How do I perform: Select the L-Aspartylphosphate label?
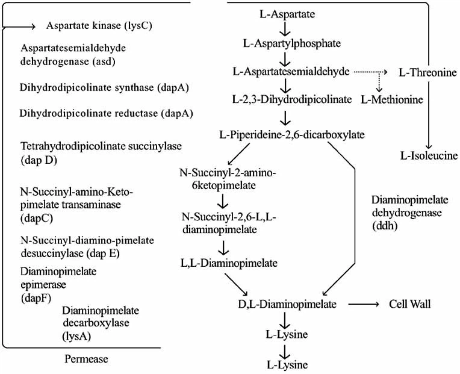(x=284, y=43)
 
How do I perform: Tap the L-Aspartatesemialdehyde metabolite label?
(x=291, y=71)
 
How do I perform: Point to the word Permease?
(x=87, y=359)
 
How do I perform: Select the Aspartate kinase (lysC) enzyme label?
(x=93, y=26)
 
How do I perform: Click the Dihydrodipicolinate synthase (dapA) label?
(x=105, y=87)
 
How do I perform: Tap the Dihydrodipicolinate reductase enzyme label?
(x=105, y=113)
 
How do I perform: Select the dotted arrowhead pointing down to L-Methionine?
(x=379, y=86)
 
